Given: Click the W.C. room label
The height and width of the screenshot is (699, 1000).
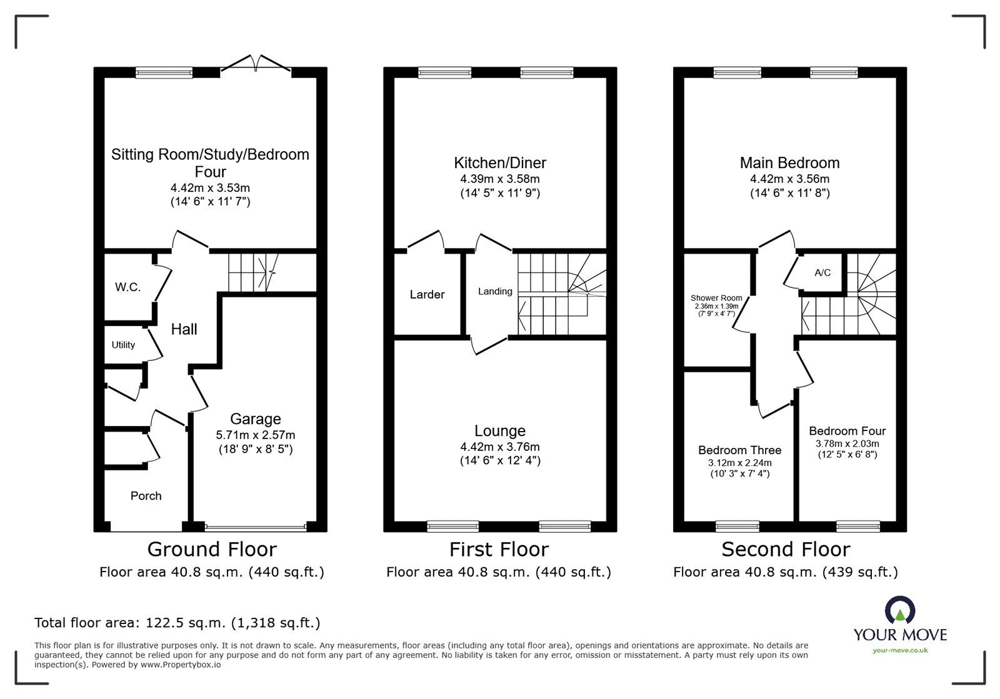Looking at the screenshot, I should point(127,287).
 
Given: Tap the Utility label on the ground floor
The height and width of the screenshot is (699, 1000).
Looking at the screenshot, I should point(123,345).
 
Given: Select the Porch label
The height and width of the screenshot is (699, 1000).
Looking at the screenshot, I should point(146,496).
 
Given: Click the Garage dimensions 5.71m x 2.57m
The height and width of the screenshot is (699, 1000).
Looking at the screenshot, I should point(255,435).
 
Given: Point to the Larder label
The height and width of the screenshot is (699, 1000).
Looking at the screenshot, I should point(427,294).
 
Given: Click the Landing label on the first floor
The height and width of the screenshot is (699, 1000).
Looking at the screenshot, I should point(495,291).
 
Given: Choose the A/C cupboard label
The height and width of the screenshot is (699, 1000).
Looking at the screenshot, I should point(822,273).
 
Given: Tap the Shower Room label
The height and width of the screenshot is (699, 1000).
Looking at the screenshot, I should point(716,298).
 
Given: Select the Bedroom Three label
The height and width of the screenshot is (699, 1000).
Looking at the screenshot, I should point(739,450).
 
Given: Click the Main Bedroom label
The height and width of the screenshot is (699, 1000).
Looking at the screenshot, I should point(789,163).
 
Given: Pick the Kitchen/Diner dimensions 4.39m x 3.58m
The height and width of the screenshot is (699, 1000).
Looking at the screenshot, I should point(500,179).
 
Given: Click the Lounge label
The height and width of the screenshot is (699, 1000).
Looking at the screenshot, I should point(499,431).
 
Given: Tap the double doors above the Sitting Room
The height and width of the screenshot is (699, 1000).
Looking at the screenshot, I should point(257,62).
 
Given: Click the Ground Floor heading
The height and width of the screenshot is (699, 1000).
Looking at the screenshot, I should point(212,549).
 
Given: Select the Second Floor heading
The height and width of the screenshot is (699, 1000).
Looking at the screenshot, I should point(786,549).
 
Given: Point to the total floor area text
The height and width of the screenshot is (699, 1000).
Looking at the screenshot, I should point(177,623).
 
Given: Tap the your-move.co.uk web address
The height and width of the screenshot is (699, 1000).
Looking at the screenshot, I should point(900,650).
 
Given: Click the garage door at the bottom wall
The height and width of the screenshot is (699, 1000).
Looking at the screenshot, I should point(255,528).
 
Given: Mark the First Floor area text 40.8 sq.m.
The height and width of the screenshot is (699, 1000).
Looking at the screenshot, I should point(498,572).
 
